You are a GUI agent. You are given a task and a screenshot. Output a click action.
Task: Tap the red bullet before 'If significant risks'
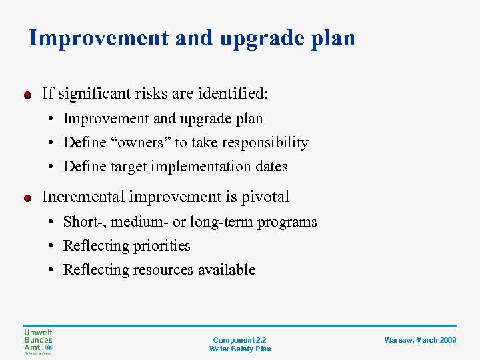coord(27,95)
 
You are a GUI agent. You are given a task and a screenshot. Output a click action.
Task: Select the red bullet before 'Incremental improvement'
coord(27,198)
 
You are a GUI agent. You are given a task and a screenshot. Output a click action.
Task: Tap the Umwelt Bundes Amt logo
coord(38,342)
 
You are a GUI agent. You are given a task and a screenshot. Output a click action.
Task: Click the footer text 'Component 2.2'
coord(239,340)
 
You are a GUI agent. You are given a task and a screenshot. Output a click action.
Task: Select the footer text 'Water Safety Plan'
coord(239,349)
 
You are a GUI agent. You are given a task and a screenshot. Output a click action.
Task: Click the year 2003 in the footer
coord(448,340)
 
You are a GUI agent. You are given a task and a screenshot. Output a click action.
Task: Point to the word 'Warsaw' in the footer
coord(397,340)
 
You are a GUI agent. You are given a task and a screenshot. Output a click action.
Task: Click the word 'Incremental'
coord(84,197)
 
